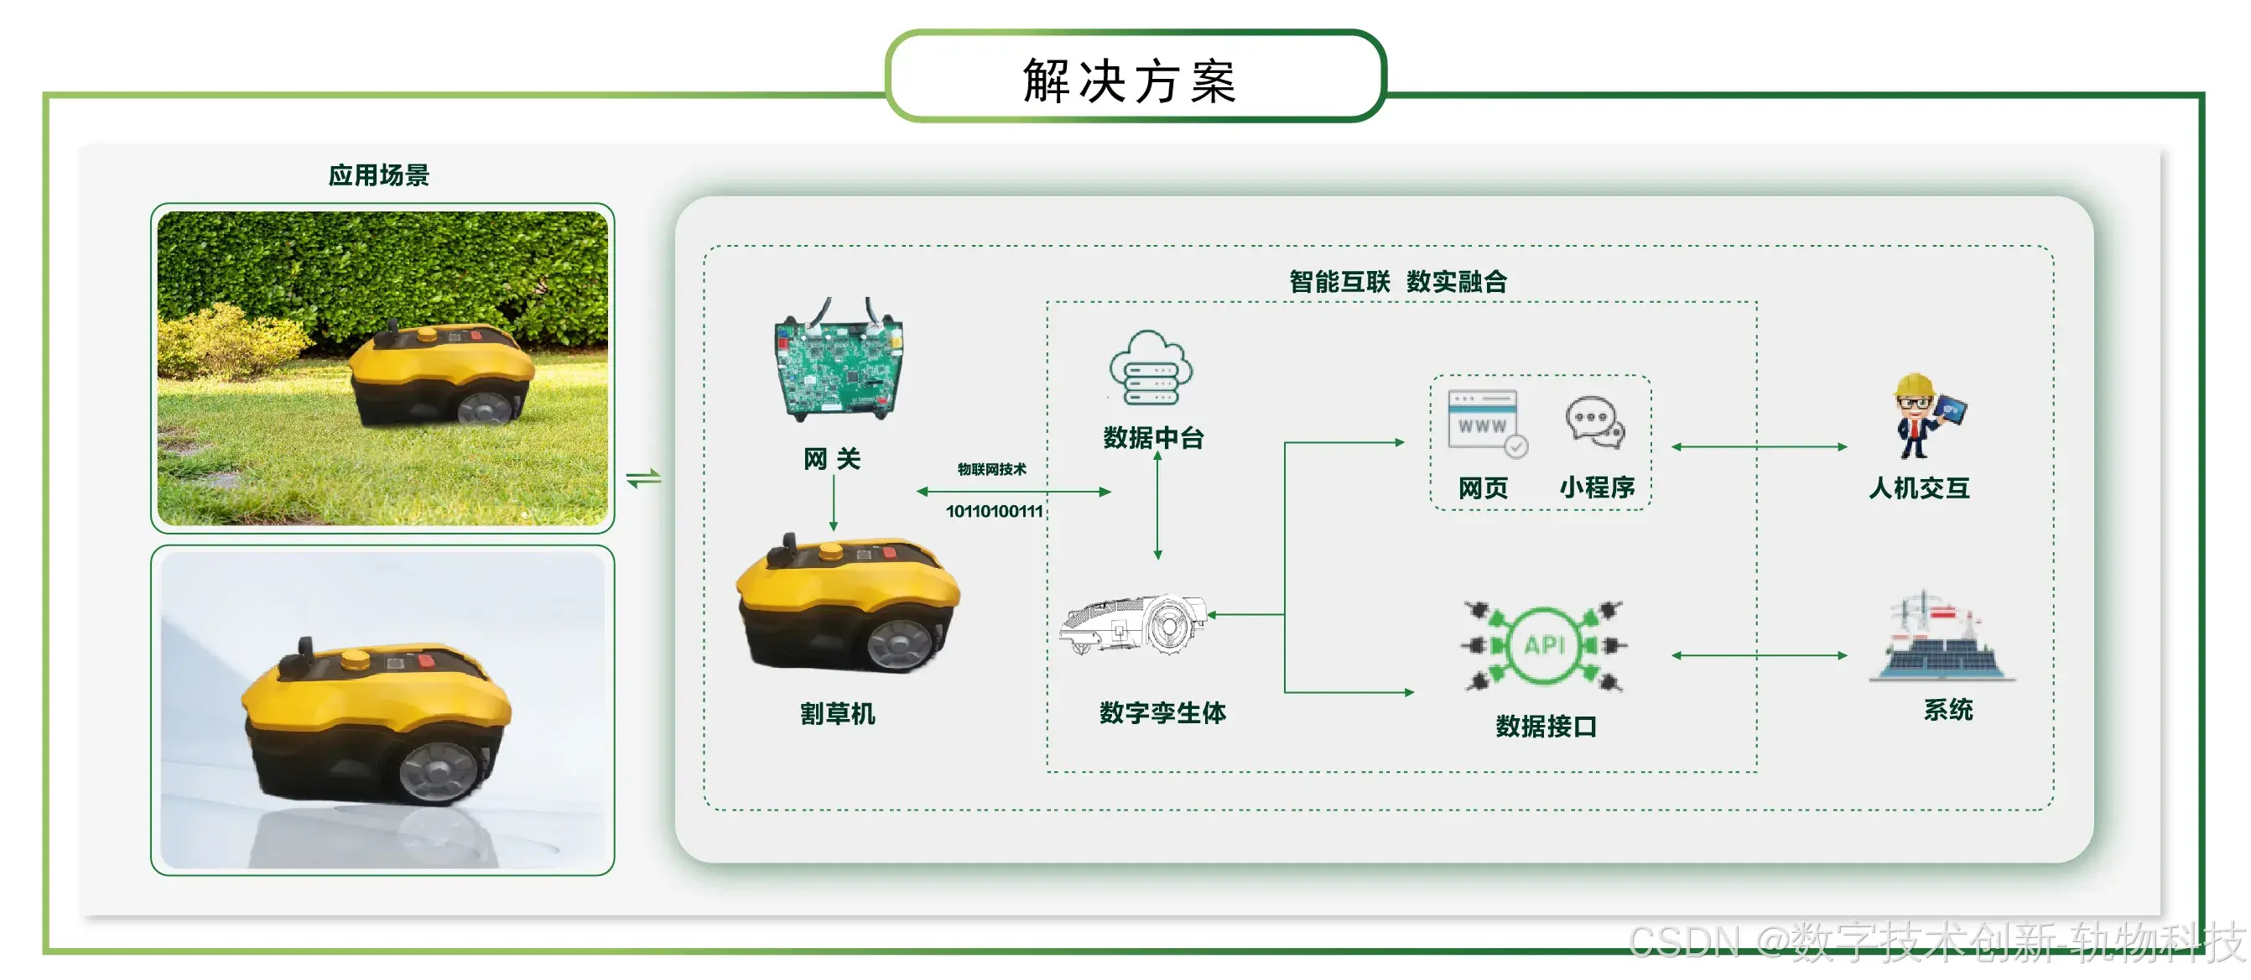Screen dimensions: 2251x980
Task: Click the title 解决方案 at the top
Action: [x=1130, y=81]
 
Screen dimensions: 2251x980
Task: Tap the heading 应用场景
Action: [x=378, y=175]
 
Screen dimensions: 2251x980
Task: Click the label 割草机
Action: [x=837, y=713]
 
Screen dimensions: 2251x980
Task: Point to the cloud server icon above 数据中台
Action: [x=1151, y=369]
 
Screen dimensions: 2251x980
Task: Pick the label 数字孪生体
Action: [x=1162, y=712]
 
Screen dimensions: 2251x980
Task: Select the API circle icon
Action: [x=1543, y=646]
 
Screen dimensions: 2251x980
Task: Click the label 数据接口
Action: [x=1546, y=726]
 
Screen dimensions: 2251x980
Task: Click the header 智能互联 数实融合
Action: [x=1397, y=282]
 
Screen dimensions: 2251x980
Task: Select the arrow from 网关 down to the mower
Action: [x=833, y=502]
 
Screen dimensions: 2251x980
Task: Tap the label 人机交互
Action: [x=1919, y=487]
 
